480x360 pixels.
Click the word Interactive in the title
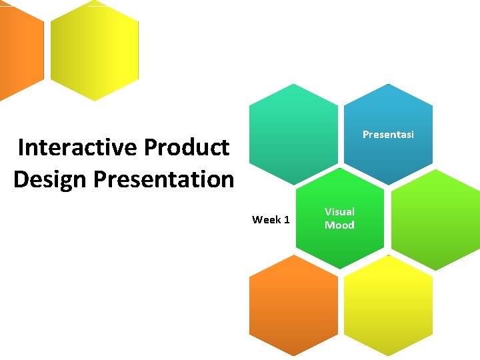(76, 147)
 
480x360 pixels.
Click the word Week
(265, 219)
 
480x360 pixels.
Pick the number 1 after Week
(286, 219)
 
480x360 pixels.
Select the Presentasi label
(388, 135)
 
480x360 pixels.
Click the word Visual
(339, 211)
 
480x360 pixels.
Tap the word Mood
(339, 225)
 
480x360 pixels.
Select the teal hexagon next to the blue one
(293, 133)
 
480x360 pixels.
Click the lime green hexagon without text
(435, 220)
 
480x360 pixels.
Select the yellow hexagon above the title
(95, 50)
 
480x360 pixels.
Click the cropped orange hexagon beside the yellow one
(20, 50)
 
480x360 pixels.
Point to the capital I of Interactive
(21, 147)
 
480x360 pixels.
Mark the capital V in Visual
(328, 211)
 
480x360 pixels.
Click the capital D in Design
(21, 179)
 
